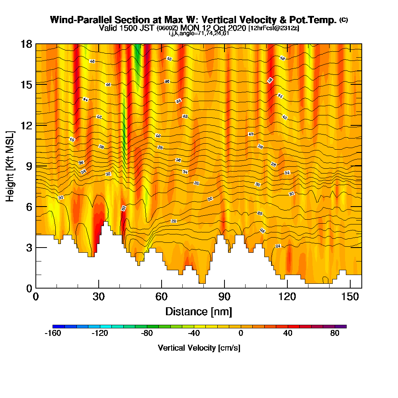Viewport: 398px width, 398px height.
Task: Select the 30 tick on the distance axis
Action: coord(99,297)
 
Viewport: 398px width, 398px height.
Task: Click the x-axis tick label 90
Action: coord(224,297)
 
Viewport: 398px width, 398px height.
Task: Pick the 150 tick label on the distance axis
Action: coord(350,297)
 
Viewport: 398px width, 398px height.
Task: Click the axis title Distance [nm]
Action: coord(199,311)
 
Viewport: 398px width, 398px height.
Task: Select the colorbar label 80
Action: coord(335,334)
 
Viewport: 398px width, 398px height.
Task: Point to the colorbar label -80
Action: coord(147,334)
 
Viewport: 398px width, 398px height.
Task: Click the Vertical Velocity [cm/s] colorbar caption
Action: coord(199,348)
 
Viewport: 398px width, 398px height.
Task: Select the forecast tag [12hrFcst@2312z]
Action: coord(273,28)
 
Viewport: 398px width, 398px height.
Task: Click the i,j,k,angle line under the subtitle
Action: coord(199,33)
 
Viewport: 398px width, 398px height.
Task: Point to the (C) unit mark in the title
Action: coord(343,20)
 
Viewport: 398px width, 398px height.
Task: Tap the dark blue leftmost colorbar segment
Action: coord(55,326)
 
